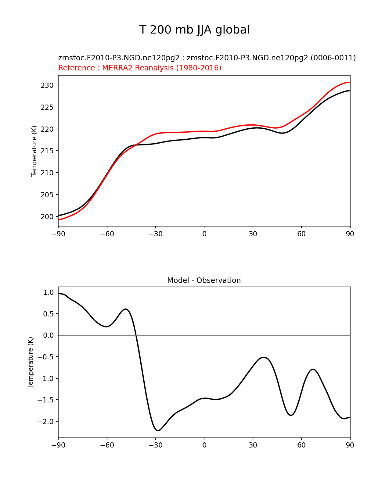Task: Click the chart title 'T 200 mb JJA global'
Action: [x=194, y=30]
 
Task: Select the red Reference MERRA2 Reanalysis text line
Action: [x=140, y=68]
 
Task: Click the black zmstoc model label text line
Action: [x=207, y=58]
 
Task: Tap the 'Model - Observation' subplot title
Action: [x=204, y=280]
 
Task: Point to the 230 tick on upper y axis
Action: [x=47, y=85]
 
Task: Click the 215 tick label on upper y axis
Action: [x=47, y=151]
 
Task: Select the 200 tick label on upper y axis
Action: [x=47, y=217]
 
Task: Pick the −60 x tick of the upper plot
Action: [x=107, y=234]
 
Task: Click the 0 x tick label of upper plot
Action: [x=204, y=234]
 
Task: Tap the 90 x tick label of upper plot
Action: [x=350, y=234]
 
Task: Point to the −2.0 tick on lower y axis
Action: [x=45, y=422]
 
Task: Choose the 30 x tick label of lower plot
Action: [x=253, y=445]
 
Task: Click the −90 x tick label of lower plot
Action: [x=58, y=445]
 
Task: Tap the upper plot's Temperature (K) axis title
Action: [x=34, y=151]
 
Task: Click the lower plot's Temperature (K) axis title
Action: [x=31, y=362]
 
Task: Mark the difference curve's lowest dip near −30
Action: [x=158, y=430]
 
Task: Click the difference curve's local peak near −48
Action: [x=126, y=309]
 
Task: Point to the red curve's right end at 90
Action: [x=350, y=82]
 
